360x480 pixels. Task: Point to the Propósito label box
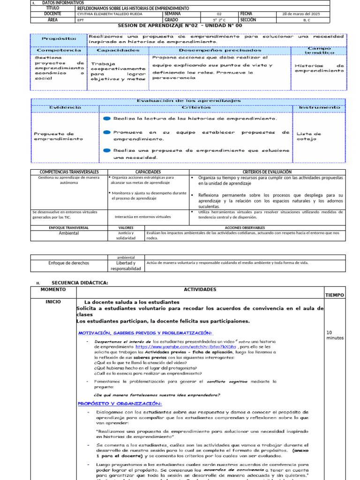coord(59,39)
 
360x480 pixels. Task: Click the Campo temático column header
coord(319,50)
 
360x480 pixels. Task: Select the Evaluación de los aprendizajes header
coord(188,100)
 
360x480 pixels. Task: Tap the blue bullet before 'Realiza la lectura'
coord(107,119)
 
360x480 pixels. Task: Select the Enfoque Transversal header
coord(69,227)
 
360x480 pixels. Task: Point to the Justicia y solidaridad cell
coord(126,235)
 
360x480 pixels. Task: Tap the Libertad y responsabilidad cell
coord(126,266)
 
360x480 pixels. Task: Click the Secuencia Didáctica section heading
coord(80,283)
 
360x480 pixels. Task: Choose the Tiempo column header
coord(335,295)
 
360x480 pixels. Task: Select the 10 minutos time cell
coord(335,335)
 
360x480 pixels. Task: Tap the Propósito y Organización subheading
coord(120,404)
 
